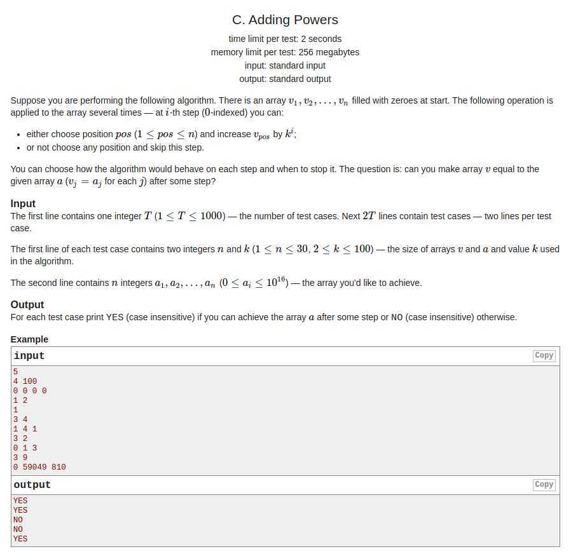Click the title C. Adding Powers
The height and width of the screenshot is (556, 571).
coord(285,20)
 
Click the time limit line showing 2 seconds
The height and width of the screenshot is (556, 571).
coord(285,39)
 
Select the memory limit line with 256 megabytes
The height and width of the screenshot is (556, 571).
coord(285,52)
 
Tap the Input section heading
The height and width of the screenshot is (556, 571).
coord(23,203)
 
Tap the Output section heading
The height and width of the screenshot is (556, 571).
coord(27,304)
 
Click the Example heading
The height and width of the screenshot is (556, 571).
coord(29,339)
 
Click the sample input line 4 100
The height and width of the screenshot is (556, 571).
coord(25,381)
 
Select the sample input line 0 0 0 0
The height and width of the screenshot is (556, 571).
coord(30,391)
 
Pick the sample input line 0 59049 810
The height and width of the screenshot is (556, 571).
coord(39,467)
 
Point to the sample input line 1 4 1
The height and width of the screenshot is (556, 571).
coord(25,429)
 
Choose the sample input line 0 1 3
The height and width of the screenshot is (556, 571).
coord(25,448)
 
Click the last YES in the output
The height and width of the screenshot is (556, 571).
coord(20,539)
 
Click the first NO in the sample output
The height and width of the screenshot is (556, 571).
coord(18,520)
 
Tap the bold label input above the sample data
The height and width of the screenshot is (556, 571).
coord(29,356)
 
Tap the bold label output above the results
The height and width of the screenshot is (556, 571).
coord(32,485)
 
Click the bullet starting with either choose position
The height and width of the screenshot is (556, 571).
coord(162,135)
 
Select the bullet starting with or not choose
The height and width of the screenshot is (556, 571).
coord(115,147)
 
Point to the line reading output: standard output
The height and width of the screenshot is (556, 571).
coord(285,79)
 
